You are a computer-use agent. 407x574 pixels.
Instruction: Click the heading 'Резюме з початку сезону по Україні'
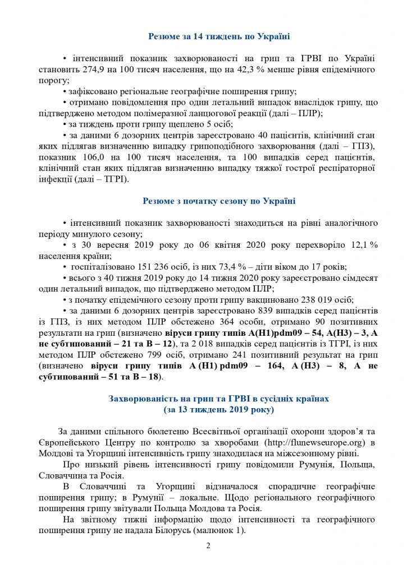tap(218, 201)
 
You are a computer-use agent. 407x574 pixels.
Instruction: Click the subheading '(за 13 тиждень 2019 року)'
tap(218, 410)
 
